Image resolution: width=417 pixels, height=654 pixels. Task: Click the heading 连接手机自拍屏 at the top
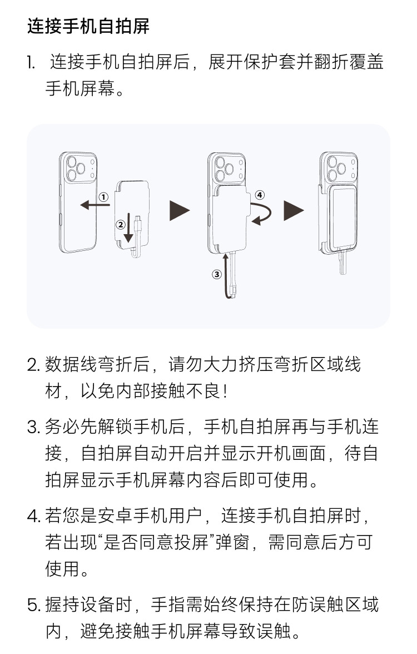coord(88,26)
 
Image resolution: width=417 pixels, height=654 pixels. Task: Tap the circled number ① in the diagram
coord(103,197)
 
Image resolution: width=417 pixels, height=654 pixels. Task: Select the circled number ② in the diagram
coord(120,225)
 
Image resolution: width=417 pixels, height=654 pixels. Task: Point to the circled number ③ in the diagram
coord(217,274)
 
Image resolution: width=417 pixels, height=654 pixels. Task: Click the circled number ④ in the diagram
coord(260,195)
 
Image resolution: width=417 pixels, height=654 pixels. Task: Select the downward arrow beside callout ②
coord(129,228)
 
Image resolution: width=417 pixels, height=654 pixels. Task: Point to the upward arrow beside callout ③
coord(226,275)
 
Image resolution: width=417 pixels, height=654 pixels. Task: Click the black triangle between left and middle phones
coord(179,211)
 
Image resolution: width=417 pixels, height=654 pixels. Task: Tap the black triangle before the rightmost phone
coord(294,211)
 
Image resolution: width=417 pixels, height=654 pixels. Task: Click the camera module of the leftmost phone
coord(77,169)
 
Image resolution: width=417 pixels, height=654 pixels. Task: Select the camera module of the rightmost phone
coord(335,169)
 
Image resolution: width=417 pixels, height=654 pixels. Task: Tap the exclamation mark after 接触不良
coord(225,392)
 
